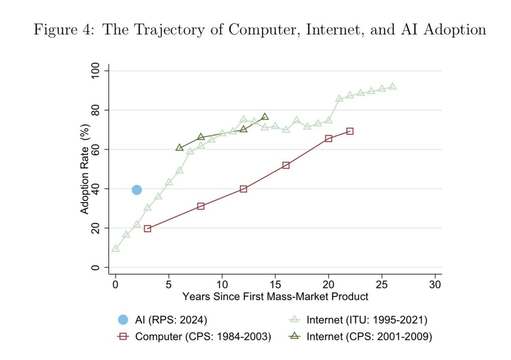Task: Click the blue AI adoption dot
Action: click(137, 190)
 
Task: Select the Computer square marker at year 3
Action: click(147, 228)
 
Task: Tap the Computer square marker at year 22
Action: click(350, 131)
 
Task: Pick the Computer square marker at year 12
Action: click(243, 189)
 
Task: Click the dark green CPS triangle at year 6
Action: click(179, 147)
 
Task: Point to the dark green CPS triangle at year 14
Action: click(265, 117)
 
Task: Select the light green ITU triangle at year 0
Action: click(115, 248)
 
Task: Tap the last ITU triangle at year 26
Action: click(393, 86)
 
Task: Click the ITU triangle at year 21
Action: click(339, 99)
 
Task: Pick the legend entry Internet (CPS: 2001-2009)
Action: click(360, 337)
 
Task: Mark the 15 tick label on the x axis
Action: click(275, 284)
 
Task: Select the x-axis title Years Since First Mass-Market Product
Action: click(275, 296)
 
